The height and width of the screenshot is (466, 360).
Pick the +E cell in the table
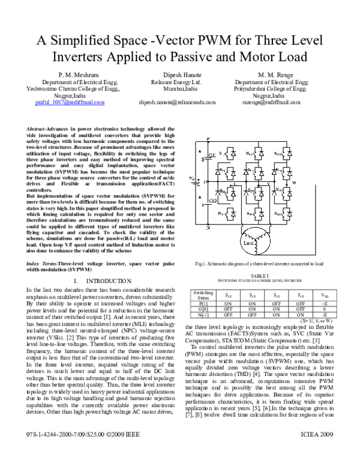(324, 304)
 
